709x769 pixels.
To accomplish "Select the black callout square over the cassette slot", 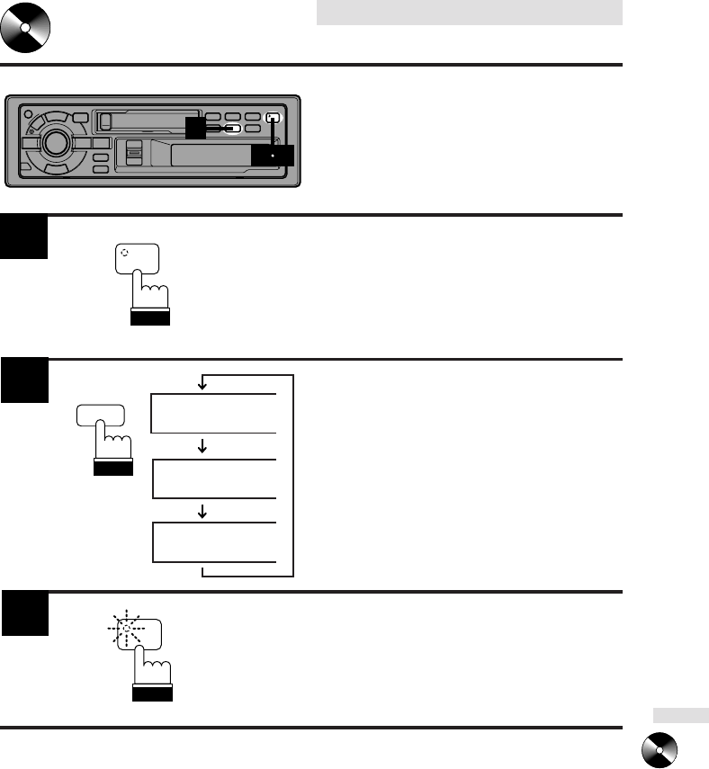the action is [197, 128].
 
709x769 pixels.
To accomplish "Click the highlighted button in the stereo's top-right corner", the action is [274, 117].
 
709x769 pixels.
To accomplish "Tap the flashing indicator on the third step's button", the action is [127, 629].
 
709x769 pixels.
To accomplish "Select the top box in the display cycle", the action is [214, 413].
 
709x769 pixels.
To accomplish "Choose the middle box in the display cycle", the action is [214, 478].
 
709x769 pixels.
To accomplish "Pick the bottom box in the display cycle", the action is [214, 541].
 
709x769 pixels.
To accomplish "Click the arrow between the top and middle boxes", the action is [202, 445].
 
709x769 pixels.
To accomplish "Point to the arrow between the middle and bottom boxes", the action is [202, 510].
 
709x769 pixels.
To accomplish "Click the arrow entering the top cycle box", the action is [202, 382].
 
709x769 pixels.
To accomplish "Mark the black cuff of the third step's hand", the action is [151, 695].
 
